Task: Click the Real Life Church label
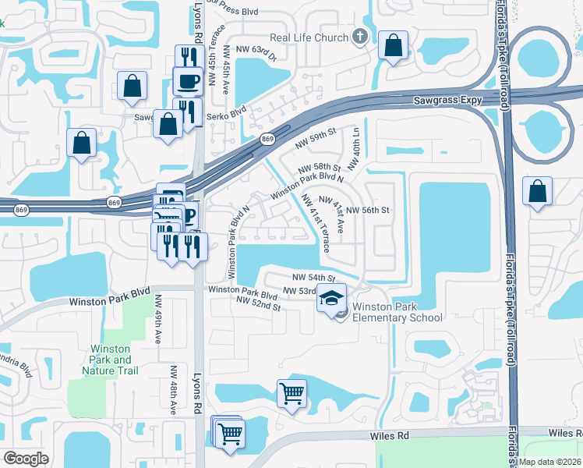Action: pos(308,37)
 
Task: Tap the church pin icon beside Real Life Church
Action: pos(359,36)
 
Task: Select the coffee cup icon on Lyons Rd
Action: pos(187,80)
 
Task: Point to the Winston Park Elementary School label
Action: pos(397,312)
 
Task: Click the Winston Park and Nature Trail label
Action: pos(111,360)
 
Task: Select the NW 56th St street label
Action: pos(367,211)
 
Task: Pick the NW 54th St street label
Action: pos(313,278)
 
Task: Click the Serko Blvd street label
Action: pos(226,115)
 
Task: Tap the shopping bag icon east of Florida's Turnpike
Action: pos(537,191)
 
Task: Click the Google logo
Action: pos(26,459)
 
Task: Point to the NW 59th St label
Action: pos(315,141)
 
